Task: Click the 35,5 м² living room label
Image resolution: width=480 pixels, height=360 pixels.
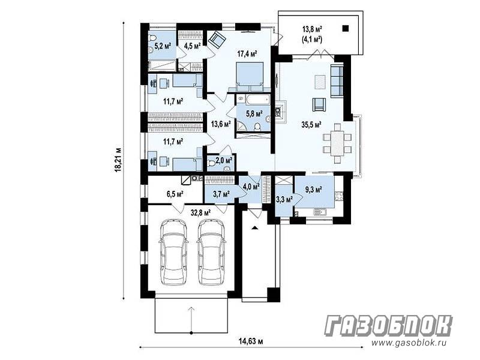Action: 311,125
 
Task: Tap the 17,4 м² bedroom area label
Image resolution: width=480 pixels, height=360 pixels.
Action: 247,54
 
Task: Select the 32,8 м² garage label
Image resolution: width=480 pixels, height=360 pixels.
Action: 200,213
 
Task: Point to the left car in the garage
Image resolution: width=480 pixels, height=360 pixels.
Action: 173,252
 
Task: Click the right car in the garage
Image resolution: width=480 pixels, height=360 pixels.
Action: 211,252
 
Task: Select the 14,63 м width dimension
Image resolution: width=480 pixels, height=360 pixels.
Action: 251,341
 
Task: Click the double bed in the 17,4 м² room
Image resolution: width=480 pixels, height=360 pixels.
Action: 250,77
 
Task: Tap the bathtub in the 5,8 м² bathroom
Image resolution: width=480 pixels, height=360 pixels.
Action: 253,99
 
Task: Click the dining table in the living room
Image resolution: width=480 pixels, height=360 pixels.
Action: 337,143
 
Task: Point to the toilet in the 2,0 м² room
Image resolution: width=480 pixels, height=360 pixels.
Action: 211,162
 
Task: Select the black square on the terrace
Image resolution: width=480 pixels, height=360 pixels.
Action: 346,28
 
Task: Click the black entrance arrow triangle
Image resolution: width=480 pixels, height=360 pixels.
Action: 254,227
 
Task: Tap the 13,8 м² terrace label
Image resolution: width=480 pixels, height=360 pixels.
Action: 312,29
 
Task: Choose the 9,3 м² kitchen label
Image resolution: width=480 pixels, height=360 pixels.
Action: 313,190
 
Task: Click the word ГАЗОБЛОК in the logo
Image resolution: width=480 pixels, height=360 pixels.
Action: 388,326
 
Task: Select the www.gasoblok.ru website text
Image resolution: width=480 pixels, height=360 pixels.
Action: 411,343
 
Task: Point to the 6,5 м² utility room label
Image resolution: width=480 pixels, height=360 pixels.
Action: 175,193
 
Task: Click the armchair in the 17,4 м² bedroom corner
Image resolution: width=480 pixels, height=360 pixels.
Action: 217,39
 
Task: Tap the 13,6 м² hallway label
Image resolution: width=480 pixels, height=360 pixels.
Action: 221,124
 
